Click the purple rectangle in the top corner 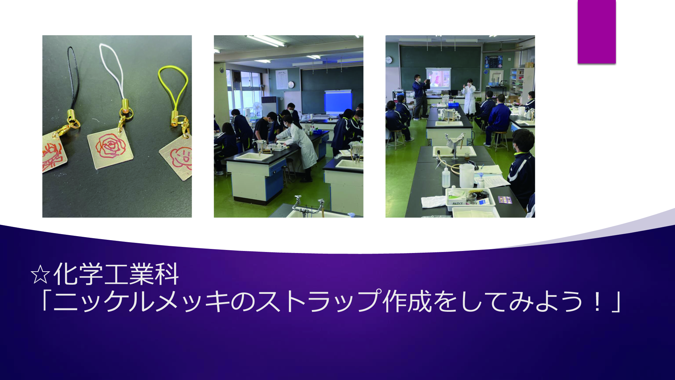coord(597,31)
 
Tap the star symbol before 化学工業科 coord(40,274)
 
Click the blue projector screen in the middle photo coord(338,102)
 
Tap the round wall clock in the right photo coord(389,60)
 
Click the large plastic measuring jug coord(467,176)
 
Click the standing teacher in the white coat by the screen coord(469,98)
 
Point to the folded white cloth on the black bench coord(433,202)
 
